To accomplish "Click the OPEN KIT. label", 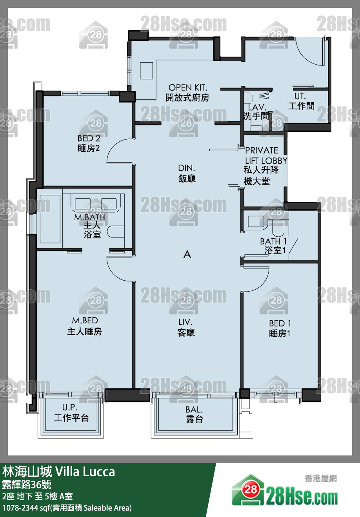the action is [188, 88].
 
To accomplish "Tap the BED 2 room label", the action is [89, 138].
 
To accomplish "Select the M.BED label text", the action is [85, 320].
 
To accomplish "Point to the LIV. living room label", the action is [185, 322].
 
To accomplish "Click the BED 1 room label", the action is [280, 323].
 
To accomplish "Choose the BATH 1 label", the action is [273, 241].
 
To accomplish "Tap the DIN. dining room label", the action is [187, 168].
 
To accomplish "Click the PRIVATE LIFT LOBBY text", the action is [265, 155].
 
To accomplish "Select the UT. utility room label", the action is [300, 96].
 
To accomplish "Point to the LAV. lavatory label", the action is [257, 107].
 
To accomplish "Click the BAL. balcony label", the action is [194, 410].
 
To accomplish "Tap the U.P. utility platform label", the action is [70, 408].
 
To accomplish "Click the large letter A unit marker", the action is [187, 254].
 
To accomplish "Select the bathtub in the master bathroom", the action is [50, 219].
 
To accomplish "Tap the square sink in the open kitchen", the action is [146, 71].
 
